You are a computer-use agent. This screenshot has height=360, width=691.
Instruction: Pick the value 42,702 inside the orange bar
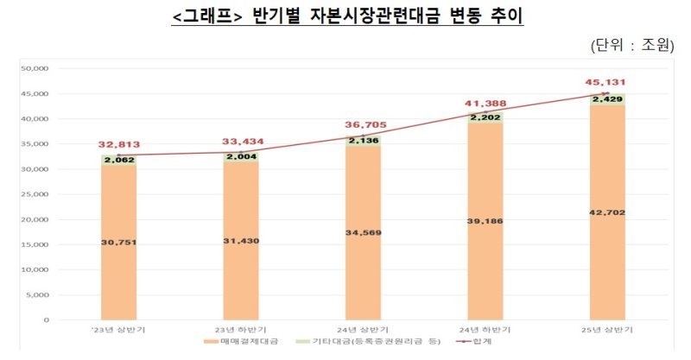tap(608, 212)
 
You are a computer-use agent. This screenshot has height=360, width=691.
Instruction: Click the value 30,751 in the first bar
tap(119, 243)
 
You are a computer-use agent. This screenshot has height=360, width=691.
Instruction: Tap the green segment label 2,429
tap(608, 99)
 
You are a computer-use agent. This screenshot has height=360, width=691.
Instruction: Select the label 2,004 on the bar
tap(242, 157)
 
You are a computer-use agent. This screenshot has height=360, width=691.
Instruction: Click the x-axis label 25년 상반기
tap(608, 330)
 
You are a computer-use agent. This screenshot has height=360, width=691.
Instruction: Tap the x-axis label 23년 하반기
tap(241, 330)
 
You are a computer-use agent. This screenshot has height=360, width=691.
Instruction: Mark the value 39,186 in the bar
tap(485, 221)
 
